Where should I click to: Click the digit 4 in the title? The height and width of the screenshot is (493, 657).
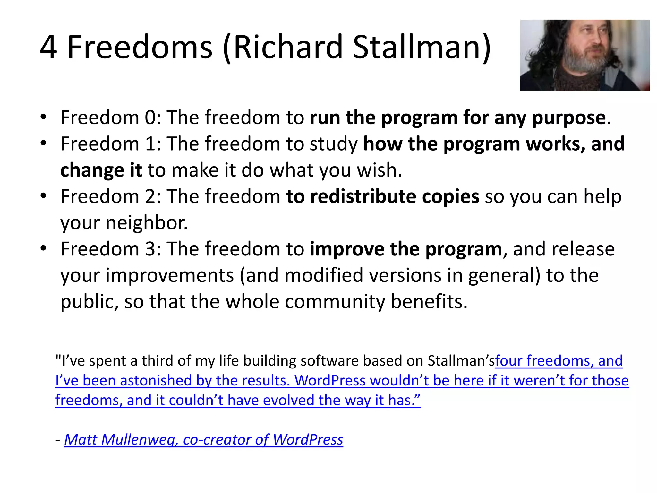(49, 47)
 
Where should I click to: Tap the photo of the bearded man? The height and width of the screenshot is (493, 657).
(584, 55)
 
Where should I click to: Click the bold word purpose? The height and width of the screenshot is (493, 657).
(568, 118)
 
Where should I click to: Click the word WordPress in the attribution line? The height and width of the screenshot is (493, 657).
(308, 440)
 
